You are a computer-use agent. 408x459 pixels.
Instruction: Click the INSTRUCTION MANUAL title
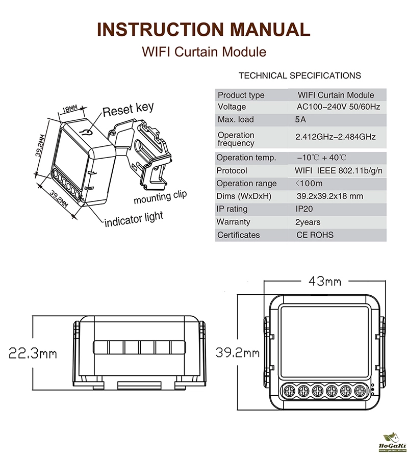(x=203, y=29)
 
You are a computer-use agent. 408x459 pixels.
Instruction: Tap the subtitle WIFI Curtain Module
(x=203, y=52)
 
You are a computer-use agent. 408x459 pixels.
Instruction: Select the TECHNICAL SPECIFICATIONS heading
(x=299, y=75)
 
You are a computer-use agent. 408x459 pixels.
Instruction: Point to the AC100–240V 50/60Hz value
(x=338, y=107)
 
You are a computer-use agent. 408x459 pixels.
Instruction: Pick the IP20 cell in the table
(x=304, y=209)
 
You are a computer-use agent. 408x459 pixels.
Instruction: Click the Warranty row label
(x=233, y=222)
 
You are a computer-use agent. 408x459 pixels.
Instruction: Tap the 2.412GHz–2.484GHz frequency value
(x=335, y=137)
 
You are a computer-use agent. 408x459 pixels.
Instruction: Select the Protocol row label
(x=232, y=170)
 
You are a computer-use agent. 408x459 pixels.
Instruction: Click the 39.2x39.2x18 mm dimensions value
(x=329, y=196)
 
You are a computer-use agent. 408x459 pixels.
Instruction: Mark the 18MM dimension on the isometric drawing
(x=70, y=109)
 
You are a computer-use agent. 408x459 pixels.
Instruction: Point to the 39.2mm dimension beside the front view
(x=237, y=352)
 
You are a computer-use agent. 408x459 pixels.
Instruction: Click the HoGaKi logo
(x=393, y=443)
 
